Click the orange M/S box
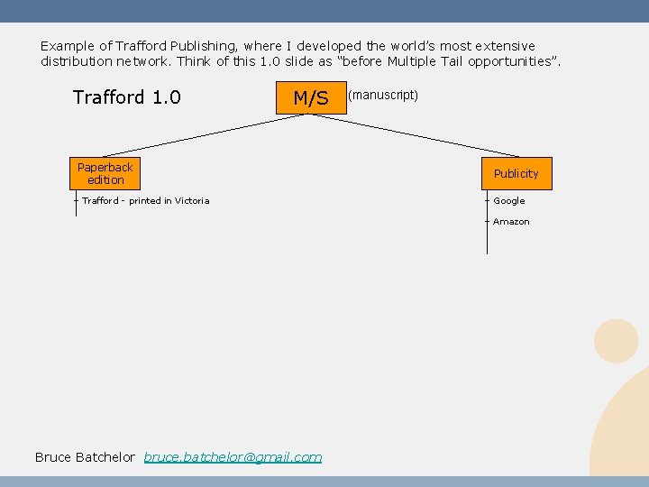click(x=311, y=97)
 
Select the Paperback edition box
click(x=105, y=173)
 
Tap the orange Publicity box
click(x=516, y=173)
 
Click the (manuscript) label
click(x=383, y=95)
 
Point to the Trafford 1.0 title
click(x=126, y=96)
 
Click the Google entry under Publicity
click(x=508, y=201)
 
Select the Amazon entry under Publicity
click(x=511, y=222)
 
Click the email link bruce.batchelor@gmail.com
click(x=233, y=457)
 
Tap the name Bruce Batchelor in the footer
click(x=85, y=457)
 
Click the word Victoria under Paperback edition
click(x=193, y=201)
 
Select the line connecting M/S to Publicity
click(x=424, y=133)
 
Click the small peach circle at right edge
click(x=617, y=341)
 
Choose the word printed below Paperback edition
click(x=144, y=201)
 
